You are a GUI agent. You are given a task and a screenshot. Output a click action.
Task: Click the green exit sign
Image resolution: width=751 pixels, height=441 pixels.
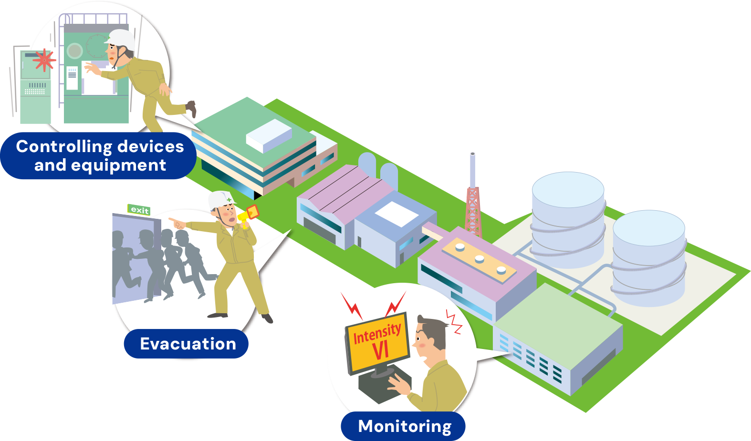[139, 210]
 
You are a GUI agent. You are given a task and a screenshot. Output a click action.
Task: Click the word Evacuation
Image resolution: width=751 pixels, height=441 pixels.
[188, 344]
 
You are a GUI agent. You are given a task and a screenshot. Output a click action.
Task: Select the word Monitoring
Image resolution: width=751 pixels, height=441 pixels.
[405, 426]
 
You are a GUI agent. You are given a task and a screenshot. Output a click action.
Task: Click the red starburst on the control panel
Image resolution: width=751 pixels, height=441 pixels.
[44, 60]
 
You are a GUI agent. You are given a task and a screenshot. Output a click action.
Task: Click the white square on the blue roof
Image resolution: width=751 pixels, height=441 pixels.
[396, 214]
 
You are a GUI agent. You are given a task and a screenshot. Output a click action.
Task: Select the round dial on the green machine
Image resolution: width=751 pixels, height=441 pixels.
[75, 50]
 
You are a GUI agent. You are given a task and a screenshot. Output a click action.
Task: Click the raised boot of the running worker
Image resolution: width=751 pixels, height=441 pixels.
[192, 108]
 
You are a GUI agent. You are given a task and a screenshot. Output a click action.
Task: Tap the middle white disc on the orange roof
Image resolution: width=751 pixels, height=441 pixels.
[480, 259]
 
